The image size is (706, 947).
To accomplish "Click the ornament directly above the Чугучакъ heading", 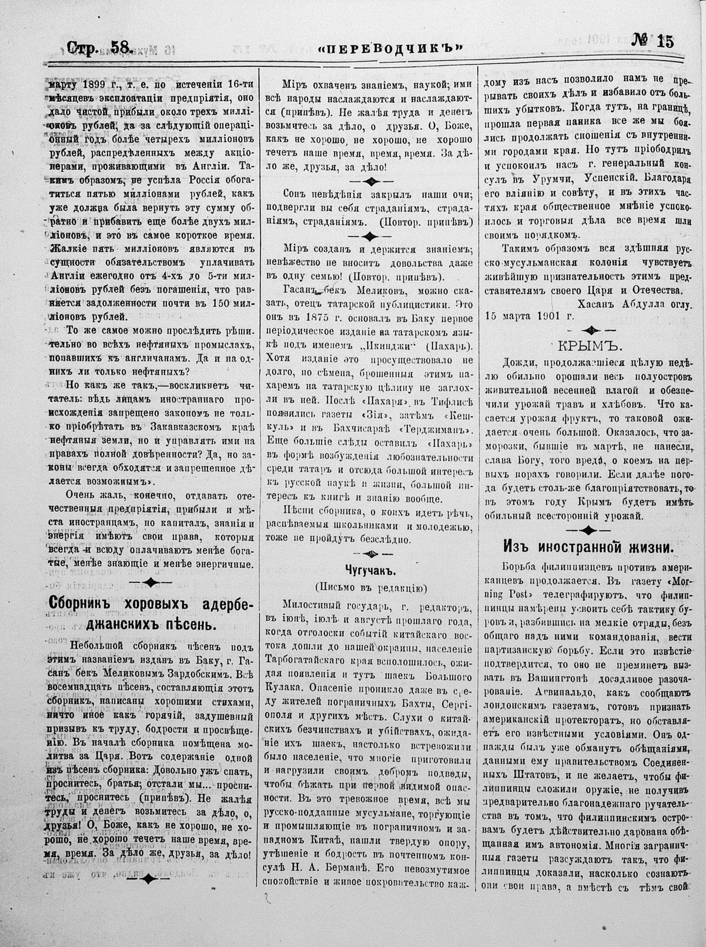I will (367, 553).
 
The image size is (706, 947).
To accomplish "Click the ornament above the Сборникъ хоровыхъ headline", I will (149, 582).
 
